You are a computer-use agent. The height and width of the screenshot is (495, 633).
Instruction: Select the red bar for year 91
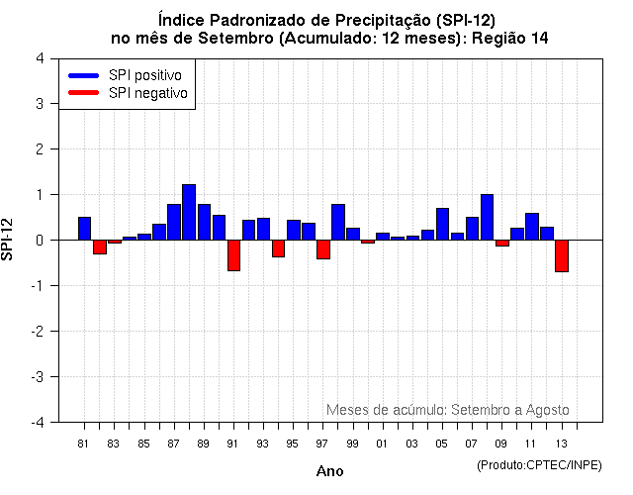233,254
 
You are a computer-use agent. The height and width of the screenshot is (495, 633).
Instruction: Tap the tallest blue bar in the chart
189,212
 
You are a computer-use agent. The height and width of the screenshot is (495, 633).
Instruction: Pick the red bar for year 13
561,255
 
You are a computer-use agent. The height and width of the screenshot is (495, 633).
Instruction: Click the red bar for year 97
323,248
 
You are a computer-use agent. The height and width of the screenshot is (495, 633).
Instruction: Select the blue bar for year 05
442,224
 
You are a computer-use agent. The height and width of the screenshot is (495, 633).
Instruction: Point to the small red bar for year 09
501,243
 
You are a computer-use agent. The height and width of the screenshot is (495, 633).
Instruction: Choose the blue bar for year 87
174,222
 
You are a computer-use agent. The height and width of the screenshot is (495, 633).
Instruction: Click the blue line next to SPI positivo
84,75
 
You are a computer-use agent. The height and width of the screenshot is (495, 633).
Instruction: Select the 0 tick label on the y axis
39,240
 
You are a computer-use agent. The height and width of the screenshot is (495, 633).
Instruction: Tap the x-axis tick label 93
262,443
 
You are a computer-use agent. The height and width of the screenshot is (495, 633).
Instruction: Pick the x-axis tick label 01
382,443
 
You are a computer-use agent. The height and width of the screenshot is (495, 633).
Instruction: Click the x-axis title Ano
329,471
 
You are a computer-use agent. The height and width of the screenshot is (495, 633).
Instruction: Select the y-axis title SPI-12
9,240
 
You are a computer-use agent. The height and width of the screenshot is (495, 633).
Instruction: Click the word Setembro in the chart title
238,39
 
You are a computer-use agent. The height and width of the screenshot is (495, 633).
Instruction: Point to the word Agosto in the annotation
546,409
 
